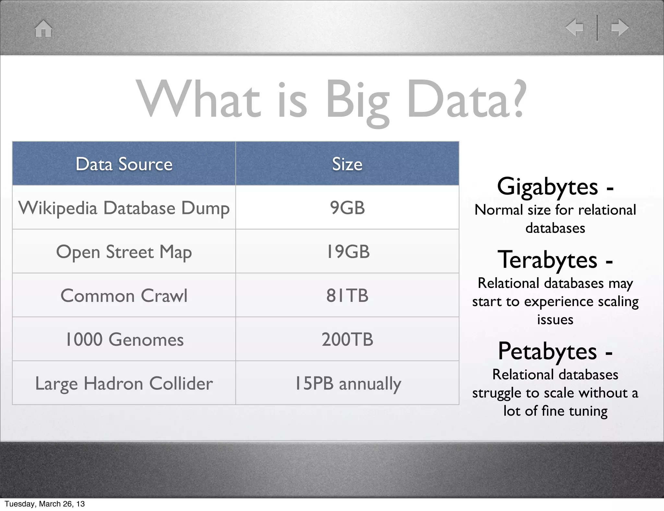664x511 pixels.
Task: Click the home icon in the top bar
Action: click(43, 29)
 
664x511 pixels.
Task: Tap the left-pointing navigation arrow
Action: click(575, 27)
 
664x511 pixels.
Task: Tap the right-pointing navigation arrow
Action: click(620, 27)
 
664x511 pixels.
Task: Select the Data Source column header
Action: click(124, 164)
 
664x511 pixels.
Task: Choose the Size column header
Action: click(347, 164)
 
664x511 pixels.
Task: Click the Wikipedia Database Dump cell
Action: click(124, 208)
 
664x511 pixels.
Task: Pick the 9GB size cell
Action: click(347, 208)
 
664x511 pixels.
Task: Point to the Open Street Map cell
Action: click(124, 252)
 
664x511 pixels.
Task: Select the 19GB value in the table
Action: click(347, 252)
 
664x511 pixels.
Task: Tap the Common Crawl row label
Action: click(124, 296)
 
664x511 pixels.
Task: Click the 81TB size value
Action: click(347, 296)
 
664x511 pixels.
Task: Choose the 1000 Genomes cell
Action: click(124, 339)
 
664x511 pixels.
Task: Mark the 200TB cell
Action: click(347, 339)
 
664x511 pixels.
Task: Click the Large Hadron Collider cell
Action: click(124, 384)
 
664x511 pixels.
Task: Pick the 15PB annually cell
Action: click(347, 384)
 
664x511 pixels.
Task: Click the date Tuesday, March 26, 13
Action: click(45, 504)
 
